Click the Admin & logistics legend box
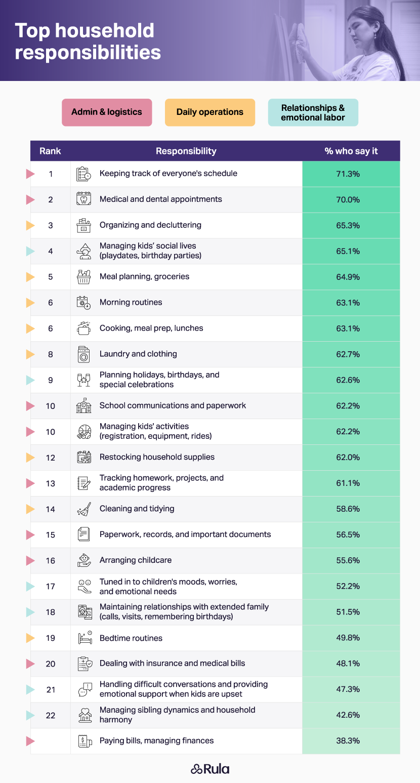(x=107, y=112)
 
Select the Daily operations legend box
(x=210, y=112)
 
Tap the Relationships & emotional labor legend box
(x=313, y=112)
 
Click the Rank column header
(x=50, y=151)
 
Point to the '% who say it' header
(x=351, y=151)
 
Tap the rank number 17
(x=50, y=586)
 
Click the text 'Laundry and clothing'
(x=138, y=354)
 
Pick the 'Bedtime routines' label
(x=131, y=638)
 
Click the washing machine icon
(x=83, y=354)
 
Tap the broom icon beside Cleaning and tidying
(x=83, y=509)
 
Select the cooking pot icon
(x=83, y=328)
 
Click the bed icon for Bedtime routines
(x=83, y=638)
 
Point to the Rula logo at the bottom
(x=210, y=769)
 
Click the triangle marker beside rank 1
(x=30, y=174)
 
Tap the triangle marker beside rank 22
(x=30, y=715)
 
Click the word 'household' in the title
(x=105, y=31)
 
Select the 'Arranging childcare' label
(x=136, y=560)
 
